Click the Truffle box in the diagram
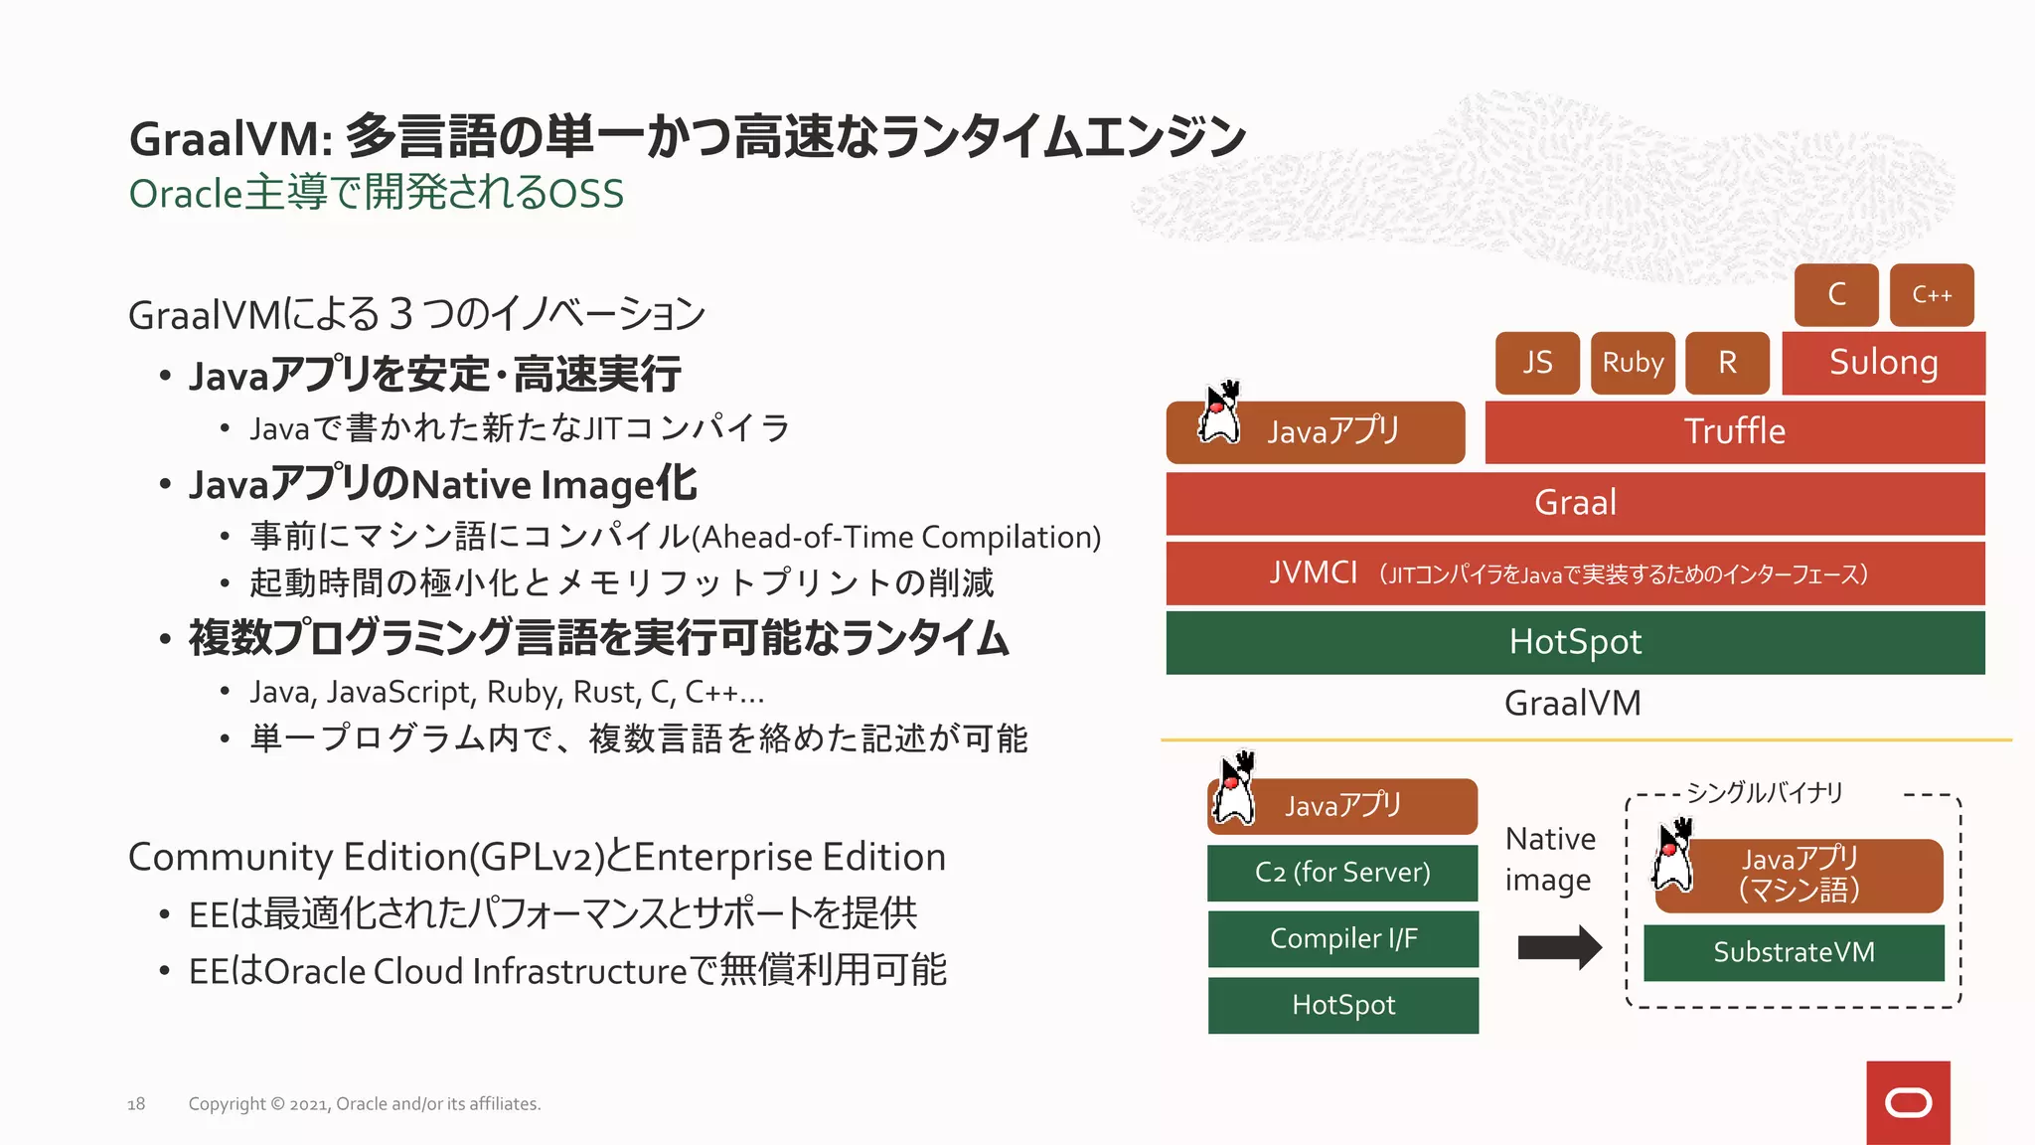(x=1734, y=431)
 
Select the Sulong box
(x=1883, y=363)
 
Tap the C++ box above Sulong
(x=1931, y=295)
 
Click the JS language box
(x=1537, y=363)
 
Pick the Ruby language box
(x=1632, y=363)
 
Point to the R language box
(x=1727, y=363)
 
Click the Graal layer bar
(x=1575, y=503)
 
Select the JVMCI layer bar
(x=1575, y=573)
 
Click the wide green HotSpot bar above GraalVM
(x=1575, y=642)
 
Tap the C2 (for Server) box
(x=1342, y=873)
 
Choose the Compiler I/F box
(x=1342, y=939)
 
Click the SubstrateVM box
(x=1794, y=952)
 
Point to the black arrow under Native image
(x=1559, y=947)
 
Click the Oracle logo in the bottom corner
(x=1908, y=1102)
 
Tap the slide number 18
(x=136, y=1104)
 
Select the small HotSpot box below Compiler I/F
(x=1342, y=1005)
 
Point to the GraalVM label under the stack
(x=1572, y=704)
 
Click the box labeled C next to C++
(x=1835, y=295)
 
